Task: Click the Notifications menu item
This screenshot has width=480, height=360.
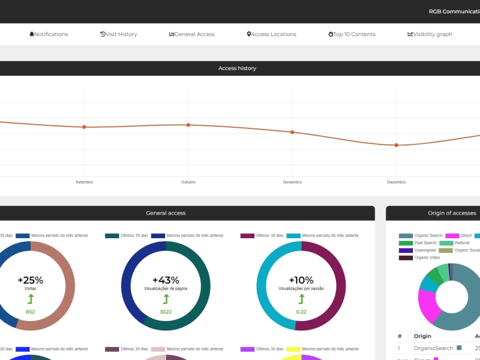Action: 49,34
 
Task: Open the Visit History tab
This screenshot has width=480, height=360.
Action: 119,34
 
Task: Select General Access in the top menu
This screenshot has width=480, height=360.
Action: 192,34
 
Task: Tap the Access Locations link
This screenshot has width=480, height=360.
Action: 272,34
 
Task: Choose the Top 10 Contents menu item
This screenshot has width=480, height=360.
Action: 352,34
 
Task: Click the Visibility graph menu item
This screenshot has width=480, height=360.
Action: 430,34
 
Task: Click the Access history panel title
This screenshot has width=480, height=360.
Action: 237,69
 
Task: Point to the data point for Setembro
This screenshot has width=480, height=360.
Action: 84,127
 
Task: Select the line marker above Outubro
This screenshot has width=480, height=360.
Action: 188,125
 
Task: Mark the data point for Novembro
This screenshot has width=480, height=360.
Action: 292,132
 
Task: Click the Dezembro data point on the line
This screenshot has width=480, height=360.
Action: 396,145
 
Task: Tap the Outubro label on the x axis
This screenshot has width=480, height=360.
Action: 188,182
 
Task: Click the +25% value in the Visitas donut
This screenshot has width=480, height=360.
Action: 30,280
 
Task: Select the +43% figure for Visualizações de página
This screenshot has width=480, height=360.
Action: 166,280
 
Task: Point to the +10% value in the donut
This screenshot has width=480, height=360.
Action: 301,280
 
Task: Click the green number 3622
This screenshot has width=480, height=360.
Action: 166,312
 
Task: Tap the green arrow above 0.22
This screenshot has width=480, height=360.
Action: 301,299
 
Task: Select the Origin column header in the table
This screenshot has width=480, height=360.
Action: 422,336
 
